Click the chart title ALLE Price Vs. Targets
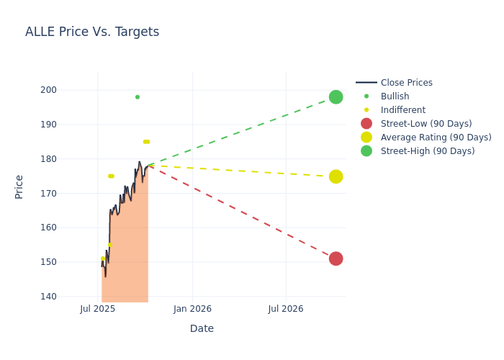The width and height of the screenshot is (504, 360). [x=92, y=32]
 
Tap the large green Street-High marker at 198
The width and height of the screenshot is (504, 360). [x=336, y=97]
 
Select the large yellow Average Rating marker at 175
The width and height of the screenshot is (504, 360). [x=336, y=176]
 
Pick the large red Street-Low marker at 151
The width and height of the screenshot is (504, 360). [x=336, y=258]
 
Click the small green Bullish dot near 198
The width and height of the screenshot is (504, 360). [x=138, y=97]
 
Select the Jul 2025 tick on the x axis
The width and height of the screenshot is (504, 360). [x=98, y=309]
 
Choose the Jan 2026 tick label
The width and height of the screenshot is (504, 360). [x=192, y=309]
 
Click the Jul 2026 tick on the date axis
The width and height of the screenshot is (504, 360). [x=286, y=309]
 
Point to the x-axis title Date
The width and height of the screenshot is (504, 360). [x=202, y=328]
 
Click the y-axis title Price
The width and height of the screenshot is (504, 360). [x=19, y=186]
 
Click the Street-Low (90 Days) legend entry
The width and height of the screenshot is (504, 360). [x=426, y=124]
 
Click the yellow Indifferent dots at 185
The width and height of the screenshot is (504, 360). [x=146, y=142]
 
